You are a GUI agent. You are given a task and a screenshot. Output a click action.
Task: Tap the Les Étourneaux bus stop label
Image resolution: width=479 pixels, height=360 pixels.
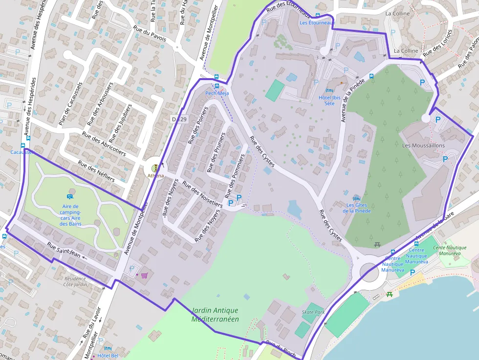pyautogui.click(x=317, y=22)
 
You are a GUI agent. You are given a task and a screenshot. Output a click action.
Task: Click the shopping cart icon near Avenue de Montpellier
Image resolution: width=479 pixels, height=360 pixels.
pyautogui.click(x=144, y=275)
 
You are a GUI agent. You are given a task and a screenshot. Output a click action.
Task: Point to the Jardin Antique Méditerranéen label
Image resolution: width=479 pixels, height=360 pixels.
pyautogui.click(x=215, y=315)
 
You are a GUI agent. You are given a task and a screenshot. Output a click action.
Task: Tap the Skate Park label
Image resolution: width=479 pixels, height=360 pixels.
pyautogui.click(x=313, y=312)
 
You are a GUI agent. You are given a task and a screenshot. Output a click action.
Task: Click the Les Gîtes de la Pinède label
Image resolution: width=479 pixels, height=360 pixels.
pyautogui.click(x=356, y=208)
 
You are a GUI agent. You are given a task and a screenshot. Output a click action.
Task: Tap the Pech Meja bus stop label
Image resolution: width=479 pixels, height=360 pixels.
pyautogui.click(x=217, y=93)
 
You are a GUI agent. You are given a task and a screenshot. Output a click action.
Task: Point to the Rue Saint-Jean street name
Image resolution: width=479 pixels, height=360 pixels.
pyautogui.click(x=64, y=251)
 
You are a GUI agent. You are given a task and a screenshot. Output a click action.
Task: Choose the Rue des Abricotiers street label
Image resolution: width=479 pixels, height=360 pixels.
pyautogui.click(x=104, y=143)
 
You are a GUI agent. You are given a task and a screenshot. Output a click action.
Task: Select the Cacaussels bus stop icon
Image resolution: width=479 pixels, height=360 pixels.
pyautogui.click(x=22, y=145)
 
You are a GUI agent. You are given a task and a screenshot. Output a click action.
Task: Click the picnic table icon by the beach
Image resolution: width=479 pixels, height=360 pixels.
pyautogui.click(x=390, y=294)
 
